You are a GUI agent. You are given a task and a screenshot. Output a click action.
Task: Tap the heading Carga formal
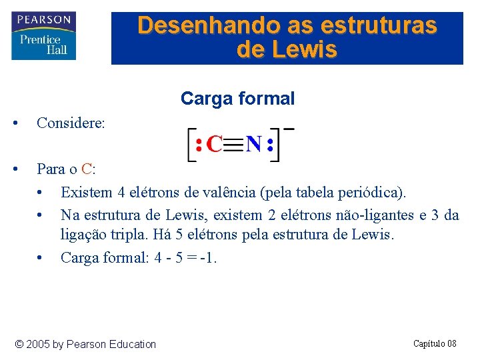pos(237,99)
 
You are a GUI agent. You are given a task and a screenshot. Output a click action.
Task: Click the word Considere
pos(71,123)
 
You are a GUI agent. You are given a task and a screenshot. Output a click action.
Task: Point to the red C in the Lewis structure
pos(214,145)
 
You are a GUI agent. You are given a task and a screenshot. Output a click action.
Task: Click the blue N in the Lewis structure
pos(253,145)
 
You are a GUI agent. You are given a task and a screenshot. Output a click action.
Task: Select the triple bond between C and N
pos(233,145)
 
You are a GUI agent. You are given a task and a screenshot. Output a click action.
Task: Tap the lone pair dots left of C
pos(199,145)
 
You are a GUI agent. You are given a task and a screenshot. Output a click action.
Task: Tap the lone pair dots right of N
pos(269,145)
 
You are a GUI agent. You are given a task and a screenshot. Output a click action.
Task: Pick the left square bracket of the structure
pos(190,145)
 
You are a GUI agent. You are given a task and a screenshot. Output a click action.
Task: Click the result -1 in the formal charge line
pos(208,257)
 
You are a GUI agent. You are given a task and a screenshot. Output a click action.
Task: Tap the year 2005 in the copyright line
pos(38,344)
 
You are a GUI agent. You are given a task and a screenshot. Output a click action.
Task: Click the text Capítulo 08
pos(435,343)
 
